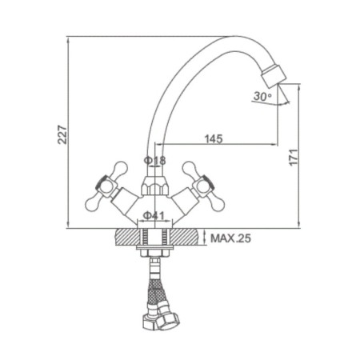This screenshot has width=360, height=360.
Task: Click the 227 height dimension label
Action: [x=62, y=134]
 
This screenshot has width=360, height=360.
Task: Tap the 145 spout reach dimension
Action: [x=214, y=138]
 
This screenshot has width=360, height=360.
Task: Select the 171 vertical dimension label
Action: [x=294, y=158]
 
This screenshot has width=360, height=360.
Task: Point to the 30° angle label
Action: [x=262, y=96]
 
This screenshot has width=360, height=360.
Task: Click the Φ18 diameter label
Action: [x=154, y=161]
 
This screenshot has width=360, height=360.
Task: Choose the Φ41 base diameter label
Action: [x=154, y=216]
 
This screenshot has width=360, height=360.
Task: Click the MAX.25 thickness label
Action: [x=230, y=238]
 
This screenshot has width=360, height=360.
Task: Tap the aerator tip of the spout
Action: [x=274, y=76]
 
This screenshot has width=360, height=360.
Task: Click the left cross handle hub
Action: [x=106, y=186]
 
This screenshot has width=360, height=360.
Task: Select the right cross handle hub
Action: [x=204, y=186]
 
